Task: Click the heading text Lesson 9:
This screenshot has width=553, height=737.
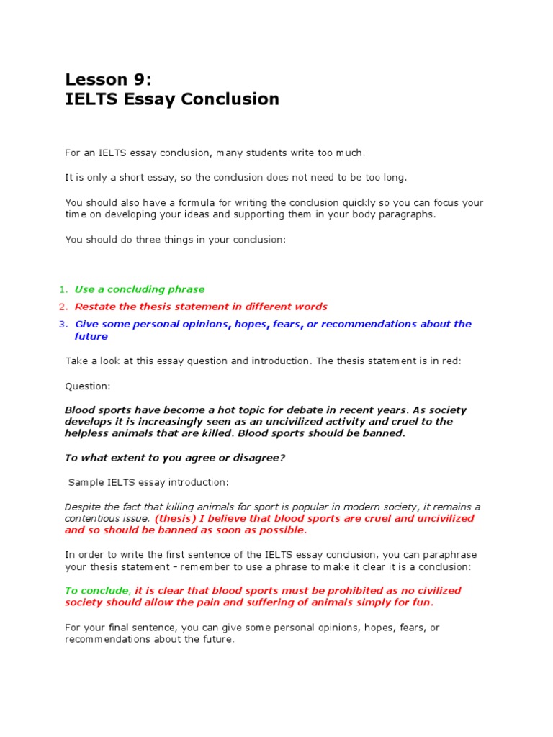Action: click(x=109, y=78)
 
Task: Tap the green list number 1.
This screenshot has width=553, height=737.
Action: click(x=63, y=289)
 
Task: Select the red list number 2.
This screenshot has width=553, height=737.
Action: click(x=63, y=307)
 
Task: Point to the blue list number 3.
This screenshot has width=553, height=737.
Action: click(x=63, y=324)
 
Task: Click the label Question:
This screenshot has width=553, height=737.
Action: click(x=89, y=386)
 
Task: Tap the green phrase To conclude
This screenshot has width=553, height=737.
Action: click(x=96, y=590)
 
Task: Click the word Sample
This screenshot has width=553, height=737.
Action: click(x=86, y=482)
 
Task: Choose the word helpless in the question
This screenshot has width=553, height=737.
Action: click(x=91, y=433)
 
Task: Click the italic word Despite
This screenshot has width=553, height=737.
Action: click(x=83, y=507)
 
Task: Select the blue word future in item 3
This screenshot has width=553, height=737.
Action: click(x=91, y=336)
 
